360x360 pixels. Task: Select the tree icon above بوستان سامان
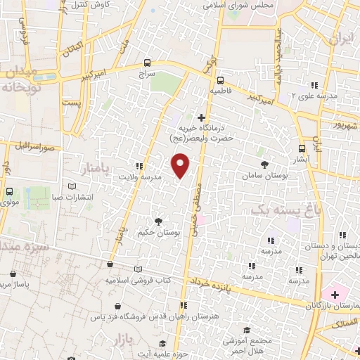(x=264, y=164)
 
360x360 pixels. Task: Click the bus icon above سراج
(x=146, y=62)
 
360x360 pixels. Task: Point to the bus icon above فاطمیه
(x=220, y=80)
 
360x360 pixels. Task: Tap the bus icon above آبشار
(x=302, y=148)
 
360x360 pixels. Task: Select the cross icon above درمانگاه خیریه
(x=202, y=117)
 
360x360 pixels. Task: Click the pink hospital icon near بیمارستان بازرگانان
(x=334, y=292)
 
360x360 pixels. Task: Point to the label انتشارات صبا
(x=74, y=197)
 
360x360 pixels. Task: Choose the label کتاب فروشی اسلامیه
(x=138, y=280)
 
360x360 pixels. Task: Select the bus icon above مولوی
(x=10, y=191)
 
